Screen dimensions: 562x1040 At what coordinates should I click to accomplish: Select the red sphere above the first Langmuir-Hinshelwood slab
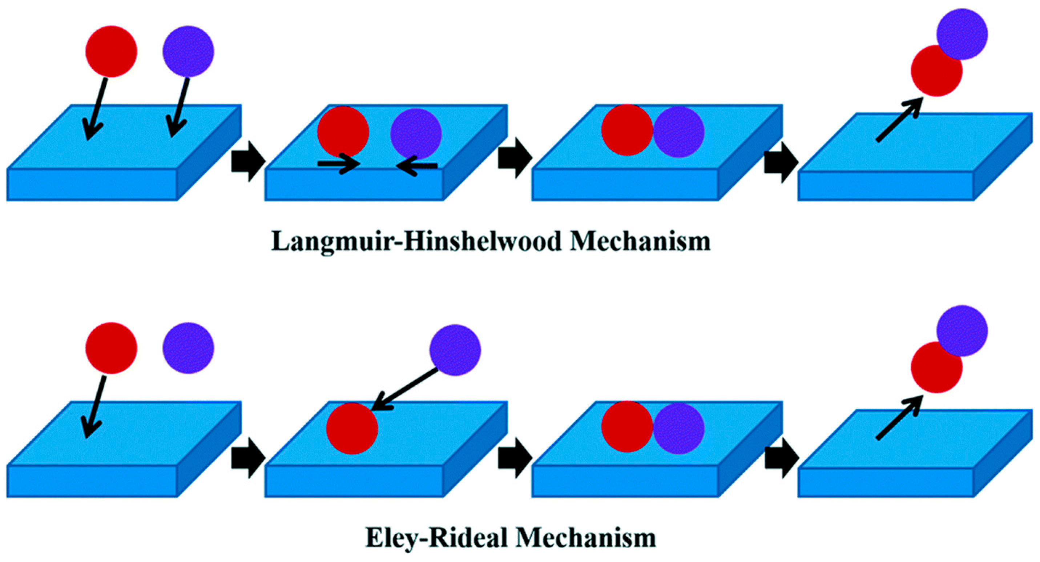point(111,51)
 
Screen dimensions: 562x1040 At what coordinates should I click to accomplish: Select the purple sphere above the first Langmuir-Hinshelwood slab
point(188,51)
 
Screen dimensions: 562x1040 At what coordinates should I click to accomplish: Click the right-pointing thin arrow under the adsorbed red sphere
point(338,164)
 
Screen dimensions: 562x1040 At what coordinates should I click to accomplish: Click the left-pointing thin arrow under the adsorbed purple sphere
point(417,166)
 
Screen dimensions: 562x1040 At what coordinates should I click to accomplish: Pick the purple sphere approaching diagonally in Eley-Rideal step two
point(455,350)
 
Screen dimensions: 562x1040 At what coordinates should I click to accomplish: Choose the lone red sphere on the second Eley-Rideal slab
point(352,428)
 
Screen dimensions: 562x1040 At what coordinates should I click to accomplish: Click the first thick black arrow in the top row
point(247,161)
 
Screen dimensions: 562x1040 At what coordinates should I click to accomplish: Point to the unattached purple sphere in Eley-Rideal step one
point(188,348)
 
